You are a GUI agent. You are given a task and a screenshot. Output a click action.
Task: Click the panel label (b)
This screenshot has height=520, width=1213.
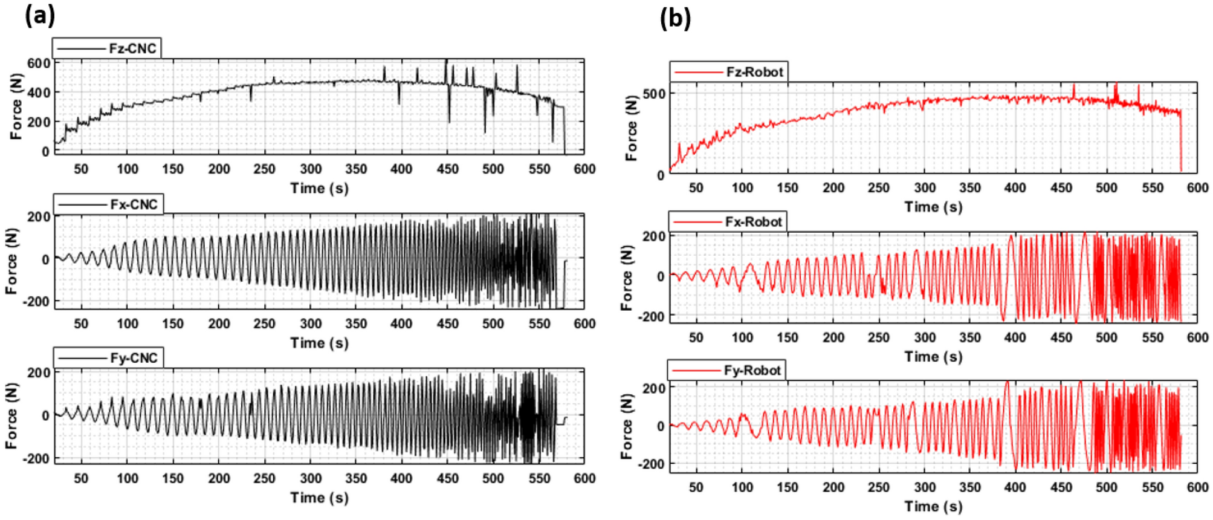674,19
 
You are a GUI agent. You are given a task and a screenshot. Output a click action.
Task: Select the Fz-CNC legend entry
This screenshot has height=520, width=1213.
107,48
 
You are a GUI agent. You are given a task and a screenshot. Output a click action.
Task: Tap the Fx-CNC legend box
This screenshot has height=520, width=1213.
108,204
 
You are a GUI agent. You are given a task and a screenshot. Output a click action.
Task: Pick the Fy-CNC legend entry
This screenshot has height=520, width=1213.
108,358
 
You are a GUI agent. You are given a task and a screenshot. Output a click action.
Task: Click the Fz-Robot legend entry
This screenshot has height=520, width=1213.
728,72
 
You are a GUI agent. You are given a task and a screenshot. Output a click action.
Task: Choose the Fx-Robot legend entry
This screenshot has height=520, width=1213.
727,222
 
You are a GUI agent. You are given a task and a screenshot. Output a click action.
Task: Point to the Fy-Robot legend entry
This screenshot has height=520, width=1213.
726,370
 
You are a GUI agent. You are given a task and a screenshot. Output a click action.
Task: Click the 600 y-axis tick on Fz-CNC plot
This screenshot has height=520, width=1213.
38,63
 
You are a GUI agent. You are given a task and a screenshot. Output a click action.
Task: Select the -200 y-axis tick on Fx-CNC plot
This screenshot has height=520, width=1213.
36,301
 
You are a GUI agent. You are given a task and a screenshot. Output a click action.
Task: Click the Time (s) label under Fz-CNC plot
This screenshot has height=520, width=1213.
319,188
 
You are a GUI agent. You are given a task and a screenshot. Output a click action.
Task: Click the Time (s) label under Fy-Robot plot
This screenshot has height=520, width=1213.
933,506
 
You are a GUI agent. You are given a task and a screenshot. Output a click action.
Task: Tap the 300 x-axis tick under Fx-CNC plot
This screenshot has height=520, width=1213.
310,324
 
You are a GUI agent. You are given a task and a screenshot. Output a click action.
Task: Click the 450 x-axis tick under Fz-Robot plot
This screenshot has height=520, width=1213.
1061,188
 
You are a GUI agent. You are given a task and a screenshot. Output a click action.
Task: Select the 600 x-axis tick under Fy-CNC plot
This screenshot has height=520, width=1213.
584,478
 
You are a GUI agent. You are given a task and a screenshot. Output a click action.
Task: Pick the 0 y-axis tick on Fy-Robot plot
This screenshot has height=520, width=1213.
660,426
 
